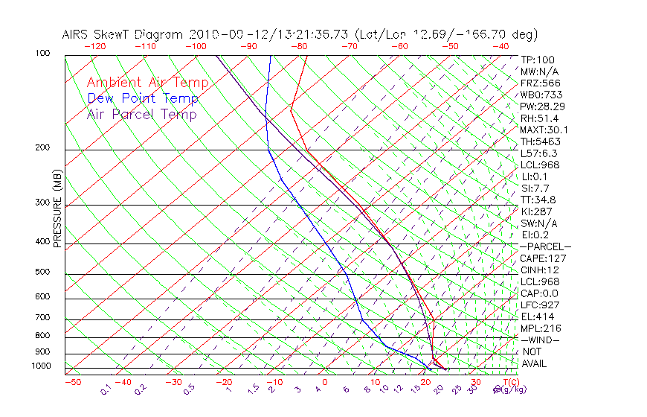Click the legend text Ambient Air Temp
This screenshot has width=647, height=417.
147,83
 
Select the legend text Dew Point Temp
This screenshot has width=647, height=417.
143,98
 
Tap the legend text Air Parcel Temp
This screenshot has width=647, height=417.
141,114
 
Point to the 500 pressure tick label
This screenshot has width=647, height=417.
43,273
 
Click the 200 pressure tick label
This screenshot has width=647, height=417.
43,147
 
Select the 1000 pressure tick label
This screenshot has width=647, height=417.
42,366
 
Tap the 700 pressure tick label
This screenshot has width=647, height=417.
43,318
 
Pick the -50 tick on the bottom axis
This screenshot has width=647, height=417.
72,382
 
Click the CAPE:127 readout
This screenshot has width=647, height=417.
540,258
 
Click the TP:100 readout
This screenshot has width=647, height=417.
538,60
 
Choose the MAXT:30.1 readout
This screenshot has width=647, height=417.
543,130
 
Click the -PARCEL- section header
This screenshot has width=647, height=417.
545,246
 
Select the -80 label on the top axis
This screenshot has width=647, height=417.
299,46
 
